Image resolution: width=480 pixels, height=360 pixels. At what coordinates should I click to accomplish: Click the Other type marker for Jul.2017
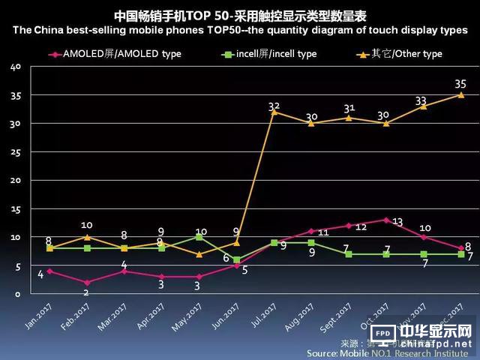click(274, 112)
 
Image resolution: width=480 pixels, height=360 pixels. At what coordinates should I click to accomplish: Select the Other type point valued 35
click(460, 94)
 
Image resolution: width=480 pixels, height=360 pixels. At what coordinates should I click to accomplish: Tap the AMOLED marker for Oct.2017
click(386, 220)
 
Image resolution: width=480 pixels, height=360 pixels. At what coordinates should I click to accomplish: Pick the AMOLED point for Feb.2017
click(86, 282)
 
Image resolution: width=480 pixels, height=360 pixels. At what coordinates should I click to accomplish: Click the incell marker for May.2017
click(199, 237)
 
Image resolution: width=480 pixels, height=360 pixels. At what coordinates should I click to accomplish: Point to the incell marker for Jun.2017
click(236, 259)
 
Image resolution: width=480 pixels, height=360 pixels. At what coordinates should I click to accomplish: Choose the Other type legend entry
click(400, 54)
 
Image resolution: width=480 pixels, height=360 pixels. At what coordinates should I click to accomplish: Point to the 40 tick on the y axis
click(16, 67)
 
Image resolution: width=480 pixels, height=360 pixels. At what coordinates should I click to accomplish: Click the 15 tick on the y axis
click(16, 209)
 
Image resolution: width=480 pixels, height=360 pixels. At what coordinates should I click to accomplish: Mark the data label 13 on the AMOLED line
click(397, 221)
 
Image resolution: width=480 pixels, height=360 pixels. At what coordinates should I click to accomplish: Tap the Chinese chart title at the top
click(240, 15)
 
